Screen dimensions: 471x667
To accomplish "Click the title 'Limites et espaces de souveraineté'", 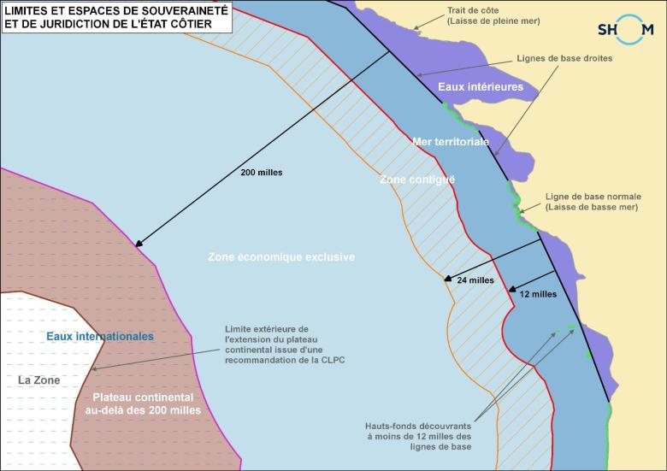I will click(x=115, y=11).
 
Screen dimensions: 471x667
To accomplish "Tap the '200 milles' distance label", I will click(x=262, y=172).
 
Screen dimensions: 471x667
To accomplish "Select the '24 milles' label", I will click(x=475, y=280).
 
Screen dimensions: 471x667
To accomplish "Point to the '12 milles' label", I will click(x=538, y=294).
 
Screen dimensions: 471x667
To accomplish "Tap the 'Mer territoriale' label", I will click(x=451, y=141).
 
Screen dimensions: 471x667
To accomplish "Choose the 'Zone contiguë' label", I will click(x=417, y=180).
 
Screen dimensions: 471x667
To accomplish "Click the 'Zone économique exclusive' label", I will click(x=281, y=256).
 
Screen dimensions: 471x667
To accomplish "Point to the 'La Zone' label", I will click(x=39, y=380).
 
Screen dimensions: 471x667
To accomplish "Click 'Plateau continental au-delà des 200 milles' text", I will click(x=143, y=403).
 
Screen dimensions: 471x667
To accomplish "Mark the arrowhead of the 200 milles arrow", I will click(x=137, y=245).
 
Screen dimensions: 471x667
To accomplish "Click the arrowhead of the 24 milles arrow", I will click(x=446, y=278).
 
